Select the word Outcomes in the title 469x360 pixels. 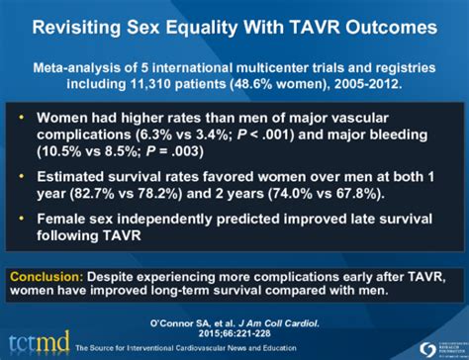point(385,21)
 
